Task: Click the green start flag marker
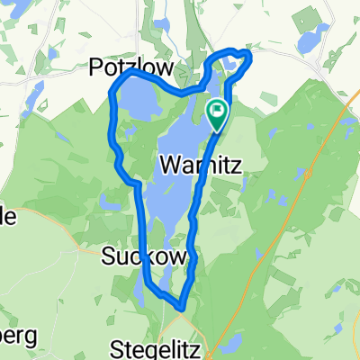click(x=217, y=113)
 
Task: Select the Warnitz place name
click(x=198, y=166)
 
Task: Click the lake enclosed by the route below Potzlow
click(x=139, y=102)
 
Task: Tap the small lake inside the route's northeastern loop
click(x=233, y=63)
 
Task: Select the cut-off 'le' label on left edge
click(x=8, y=216)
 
